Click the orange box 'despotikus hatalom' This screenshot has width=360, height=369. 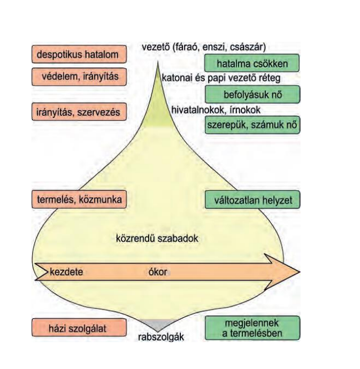[79, 55]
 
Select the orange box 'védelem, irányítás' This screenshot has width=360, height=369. [79, 77]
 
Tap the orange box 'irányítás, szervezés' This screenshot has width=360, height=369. [79, 112]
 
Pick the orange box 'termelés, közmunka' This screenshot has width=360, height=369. [79, 199]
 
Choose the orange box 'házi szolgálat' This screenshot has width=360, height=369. [79, 328]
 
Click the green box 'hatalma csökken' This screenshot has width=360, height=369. [252, 64]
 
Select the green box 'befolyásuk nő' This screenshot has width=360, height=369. [252, 94]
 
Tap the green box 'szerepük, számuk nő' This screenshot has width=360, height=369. [252, 125]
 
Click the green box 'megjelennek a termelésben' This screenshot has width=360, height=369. [252, 327]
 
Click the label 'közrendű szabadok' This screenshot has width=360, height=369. [157, 239]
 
